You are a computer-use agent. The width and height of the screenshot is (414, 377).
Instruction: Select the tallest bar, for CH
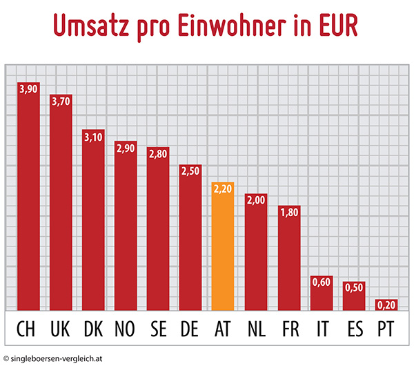(28, 197)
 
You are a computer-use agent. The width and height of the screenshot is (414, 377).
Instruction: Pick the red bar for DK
(93, 221)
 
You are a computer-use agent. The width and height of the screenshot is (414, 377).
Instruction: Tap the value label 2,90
(126, 148)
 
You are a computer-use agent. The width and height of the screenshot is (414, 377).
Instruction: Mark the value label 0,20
(386, 304)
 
